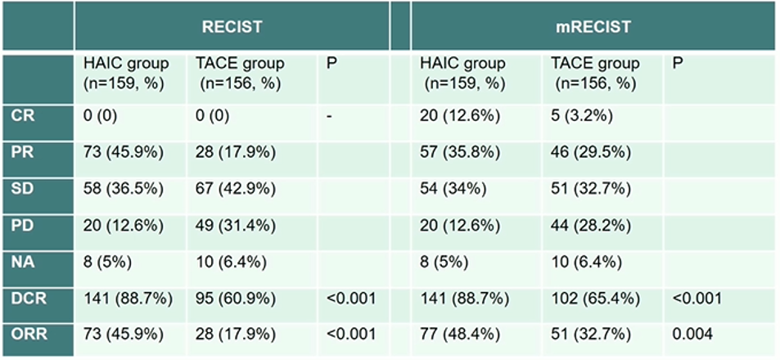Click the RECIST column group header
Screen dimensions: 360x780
[232, 27]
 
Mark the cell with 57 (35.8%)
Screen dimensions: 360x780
[460, 152]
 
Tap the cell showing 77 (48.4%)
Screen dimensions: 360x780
[460, 334]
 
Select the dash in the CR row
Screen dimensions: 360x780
[329, 115]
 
